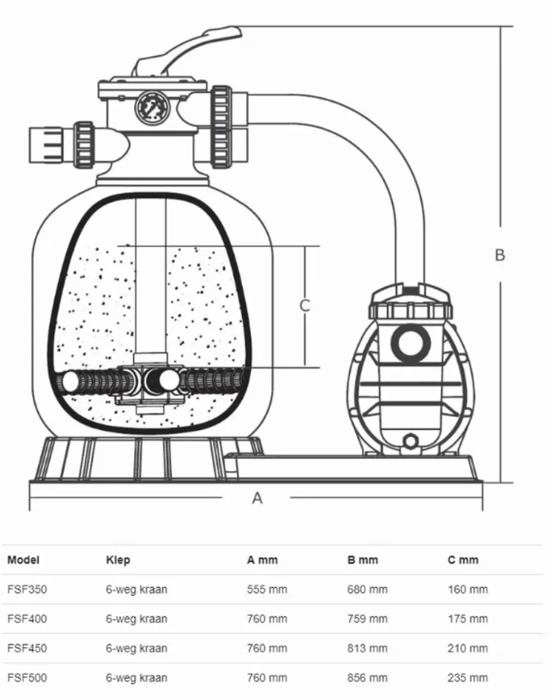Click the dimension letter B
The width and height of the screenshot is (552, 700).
[x=500, y=254]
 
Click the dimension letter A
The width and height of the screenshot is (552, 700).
[x=257, y=498]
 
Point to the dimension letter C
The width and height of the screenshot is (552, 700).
[x=304, y=305]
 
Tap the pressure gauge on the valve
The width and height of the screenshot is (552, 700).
[x=152, y=107]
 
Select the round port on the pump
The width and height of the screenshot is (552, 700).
[x=411, y=343]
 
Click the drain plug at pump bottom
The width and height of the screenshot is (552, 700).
[x=410, y=441]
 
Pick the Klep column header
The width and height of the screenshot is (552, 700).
[x=117, y=560]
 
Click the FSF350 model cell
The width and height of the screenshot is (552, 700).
[x=27, y=590]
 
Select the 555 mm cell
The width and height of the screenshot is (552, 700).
[x=267, y=590]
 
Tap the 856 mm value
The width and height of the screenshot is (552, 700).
[x=367, y=678]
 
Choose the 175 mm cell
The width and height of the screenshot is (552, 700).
[x=468, y=619]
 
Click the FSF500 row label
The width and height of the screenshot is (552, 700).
[x=27, y=678]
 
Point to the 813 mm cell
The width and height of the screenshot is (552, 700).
[x=367, y=648]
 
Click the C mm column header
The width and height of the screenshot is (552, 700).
[x=463, y=560]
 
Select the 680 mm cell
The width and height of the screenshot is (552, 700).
[x=367, y=590]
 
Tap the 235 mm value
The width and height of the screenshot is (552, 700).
[x=468, y=678]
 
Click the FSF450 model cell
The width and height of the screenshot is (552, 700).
[x=27, y=648]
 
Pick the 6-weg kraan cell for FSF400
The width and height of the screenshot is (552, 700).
[x=136, y=619]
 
